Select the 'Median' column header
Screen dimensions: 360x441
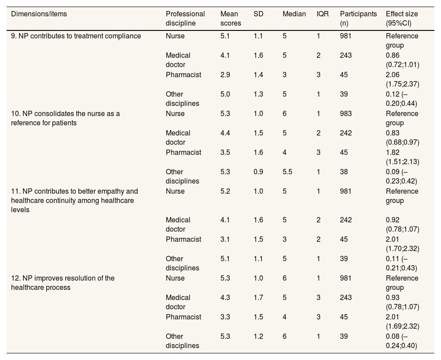pyautogui.click(x=294, y=14)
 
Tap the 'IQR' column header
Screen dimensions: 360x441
pyautogui.click(x=323, y=14)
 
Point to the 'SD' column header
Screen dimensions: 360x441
pyautogui.click(x=259, y=14)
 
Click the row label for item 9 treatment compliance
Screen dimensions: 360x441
pyautogui.click(x=76, y=36)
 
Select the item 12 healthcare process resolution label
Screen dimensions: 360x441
pyautogui.click(x=63, y=283)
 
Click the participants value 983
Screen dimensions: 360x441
pyautogui.click(x=346, y=114)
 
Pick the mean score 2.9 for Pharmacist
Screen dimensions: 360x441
pyautogui.click(x=225, y=75)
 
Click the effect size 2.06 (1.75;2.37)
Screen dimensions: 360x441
pyautogui.click(x=402, y=79)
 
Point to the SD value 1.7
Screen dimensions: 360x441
pyautogui.click(x=258, y=298)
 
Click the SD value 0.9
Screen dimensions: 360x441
pyautogui.click(x=258, y=172)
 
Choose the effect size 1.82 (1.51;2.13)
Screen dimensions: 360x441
pyautogui.click(x=402, y=157)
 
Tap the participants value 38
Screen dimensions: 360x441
pyautogui.click(x=344, y=172)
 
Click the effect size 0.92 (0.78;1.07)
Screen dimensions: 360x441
pyautogui.click(x=402, y=225)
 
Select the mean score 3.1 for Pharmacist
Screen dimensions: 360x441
pyautogui.click(x=225, y=240)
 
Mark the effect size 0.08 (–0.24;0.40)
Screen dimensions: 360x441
pyautogui.click(x=402, y=341)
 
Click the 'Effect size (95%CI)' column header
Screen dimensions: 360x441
pyautogui.click(x=402, y=19)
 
